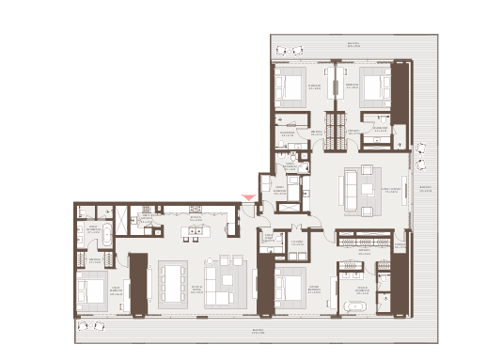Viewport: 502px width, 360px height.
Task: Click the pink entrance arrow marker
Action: tap(247, 196)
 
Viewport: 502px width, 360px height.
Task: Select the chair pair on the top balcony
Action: tap(291, 50)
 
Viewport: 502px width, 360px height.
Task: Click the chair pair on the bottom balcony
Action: tap(91, 325)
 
